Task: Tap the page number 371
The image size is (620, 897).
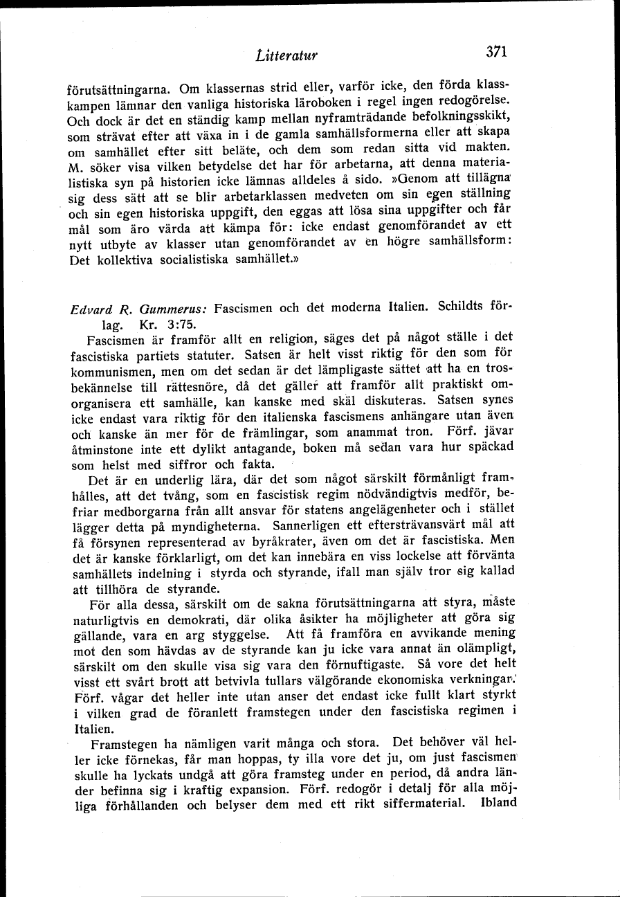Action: click(497, 53)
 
